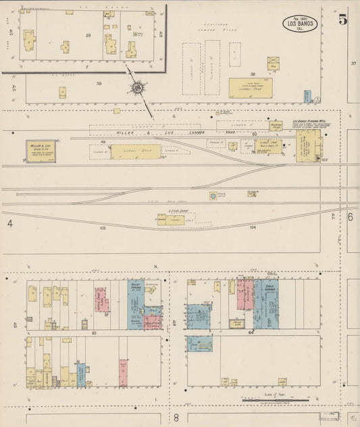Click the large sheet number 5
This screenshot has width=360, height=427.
point(344,19)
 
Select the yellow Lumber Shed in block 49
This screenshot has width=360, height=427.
point(136,152)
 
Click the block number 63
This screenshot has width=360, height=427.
point(95,333)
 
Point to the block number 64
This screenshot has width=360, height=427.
point(250,333)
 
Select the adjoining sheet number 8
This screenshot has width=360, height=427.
point(176,417)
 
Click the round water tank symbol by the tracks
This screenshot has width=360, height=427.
point(213,196)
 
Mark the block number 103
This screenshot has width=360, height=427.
point(103,228)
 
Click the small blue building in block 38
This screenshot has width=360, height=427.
point(307,97)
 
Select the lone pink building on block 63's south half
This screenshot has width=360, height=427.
point(123,373)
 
